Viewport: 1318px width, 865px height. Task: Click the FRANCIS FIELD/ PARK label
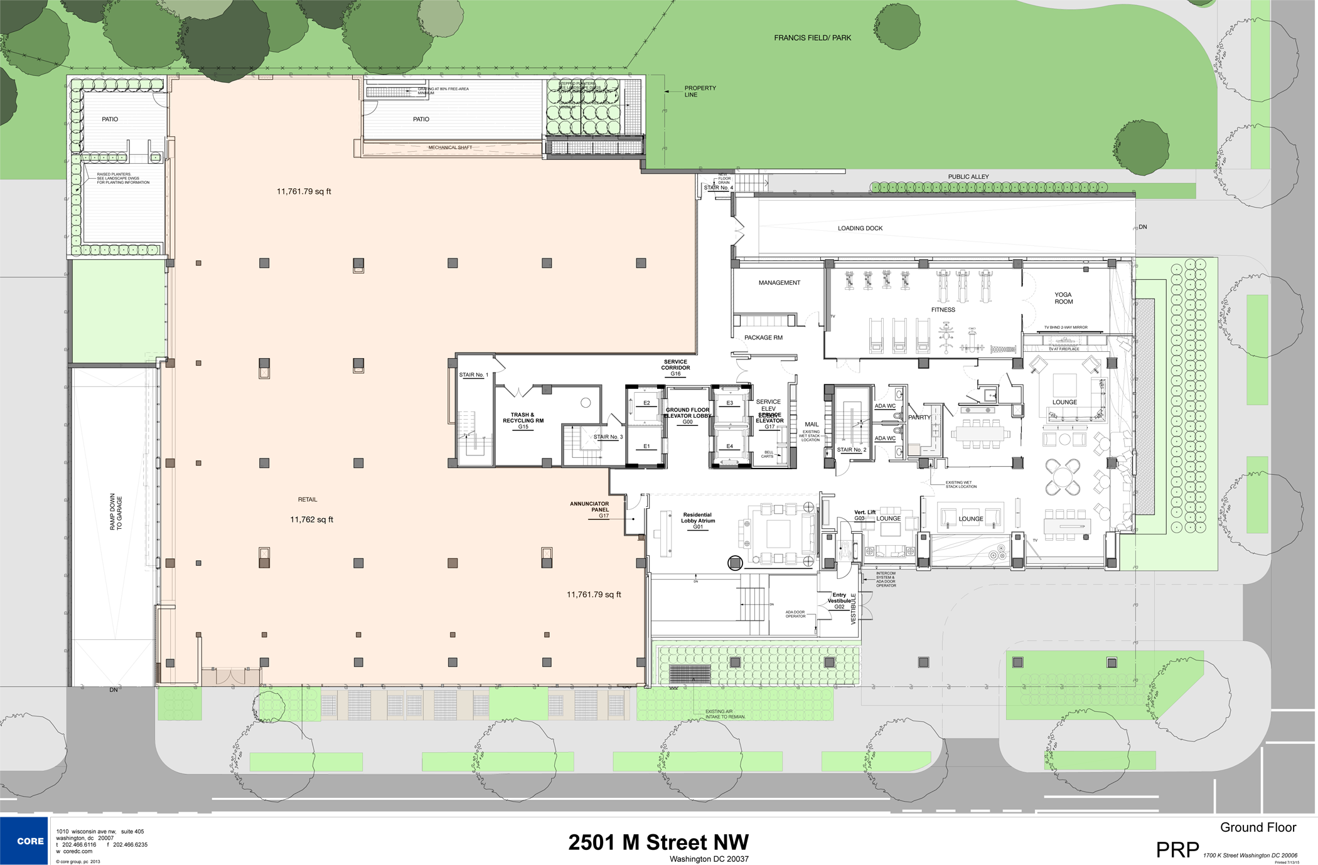click(x=812, y=38)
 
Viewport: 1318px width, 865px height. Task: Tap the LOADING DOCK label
click(x=860, y=228)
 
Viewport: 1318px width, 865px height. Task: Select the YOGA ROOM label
click(x=1063, y=298)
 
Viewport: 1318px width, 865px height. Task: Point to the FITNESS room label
click(x=943, y=310)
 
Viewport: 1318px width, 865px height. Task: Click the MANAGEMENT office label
click(x=779, y=283)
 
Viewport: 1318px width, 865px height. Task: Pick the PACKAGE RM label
click(x=763, y=337)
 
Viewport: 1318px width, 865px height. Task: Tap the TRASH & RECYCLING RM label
click(x=523, y=418)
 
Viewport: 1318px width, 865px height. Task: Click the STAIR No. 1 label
click(x=473, y=375)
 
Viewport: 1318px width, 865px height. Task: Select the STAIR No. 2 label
click(x=852, y=450)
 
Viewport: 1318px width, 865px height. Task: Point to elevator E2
click(x=646, y=403)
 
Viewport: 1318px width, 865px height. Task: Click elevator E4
click(x=729, y=447)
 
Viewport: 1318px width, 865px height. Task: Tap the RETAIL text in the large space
click(x=308, y=500)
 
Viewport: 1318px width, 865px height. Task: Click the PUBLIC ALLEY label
click(x=968, y=177)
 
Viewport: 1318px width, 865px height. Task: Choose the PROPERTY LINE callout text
click(x=700, y=92)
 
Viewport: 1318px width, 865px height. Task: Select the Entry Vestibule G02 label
click(x=839, y=601)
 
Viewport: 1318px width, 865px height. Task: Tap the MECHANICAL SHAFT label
click(x=450, y=147)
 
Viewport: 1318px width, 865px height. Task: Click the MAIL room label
click(x=812, y=425)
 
